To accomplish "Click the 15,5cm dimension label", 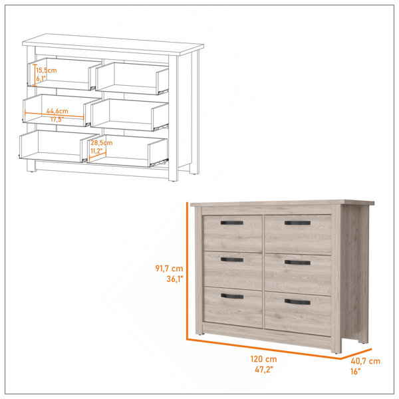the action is pyautogui.click(x=47, y=70).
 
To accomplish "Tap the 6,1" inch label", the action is pyautogui.click(x=41, y=78).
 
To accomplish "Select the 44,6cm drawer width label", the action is pyautogui.click(x=57, y=111).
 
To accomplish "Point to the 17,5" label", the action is pyautogui.click(x=57, y=119).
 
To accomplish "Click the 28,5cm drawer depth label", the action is pyautogui.click(x=102, y=143).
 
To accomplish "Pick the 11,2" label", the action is pyautogui.click(x=96, y=151).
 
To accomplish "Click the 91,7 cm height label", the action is pyautogui.click(x=169, y=268).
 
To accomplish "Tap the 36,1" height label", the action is pyautogui.click(x=175, y=279).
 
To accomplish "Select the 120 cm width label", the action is pyautogui.click(x=263, y=359).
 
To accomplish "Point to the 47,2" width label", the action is pyautogui.click(x=264, y=370).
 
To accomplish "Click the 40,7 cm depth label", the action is pyautogui.click(x=365, y=361).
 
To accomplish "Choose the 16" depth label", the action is pyautogui.click(x=356, y=372).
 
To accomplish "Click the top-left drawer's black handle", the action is pyautogui.click(x=232, y=223).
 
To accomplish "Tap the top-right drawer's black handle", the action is pyautogui.click(x=297, y=223).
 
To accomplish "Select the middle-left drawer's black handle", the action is pyautogui.click(x=232, y=259).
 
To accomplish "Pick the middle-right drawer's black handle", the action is pyautogui.click(x=297, y=263).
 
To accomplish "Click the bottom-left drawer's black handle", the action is pyautogui.click(x=232, y=296).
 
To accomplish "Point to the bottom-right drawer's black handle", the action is pyautogui.click(x=297, y=302).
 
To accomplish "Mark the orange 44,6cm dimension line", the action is pyautogui.click(x=55, y=114).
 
